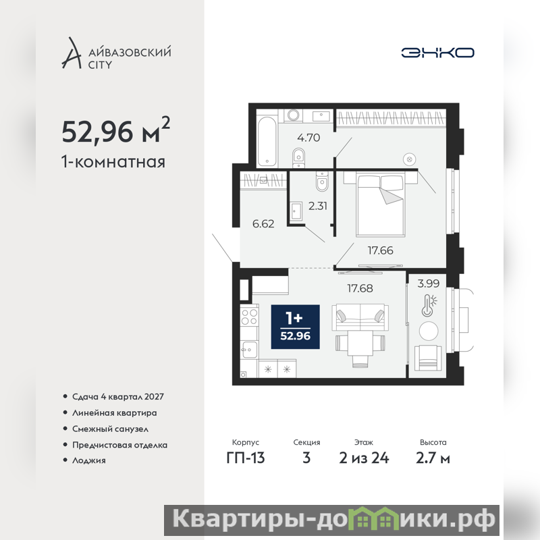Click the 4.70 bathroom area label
pos(308,138)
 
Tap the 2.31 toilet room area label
pos(317,206)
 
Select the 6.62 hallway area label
pos(263,224)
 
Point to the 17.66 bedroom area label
pos(380,250)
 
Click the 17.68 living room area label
pos(360,288)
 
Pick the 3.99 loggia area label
pos(429,283)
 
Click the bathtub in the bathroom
pos(267,141)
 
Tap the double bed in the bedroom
pos(380,205)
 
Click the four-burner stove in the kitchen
pos(249,317)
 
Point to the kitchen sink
pos(249,350)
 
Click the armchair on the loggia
pos(428,358)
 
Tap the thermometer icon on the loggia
pos(429,305)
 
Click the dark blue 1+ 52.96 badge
pos(295,327)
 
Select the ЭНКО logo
pos(437,53)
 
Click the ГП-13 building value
pos(246,458)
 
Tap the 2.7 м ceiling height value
pos(433,458)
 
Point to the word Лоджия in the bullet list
pos(89,460)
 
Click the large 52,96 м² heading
pos(115,130)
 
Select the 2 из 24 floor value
pos(364,458)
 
